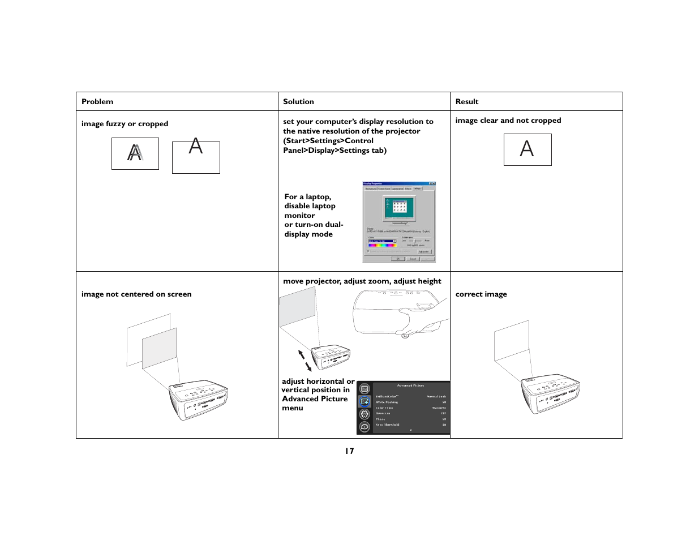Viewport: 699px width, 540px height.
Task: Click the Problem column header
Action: click(x=97, y=102)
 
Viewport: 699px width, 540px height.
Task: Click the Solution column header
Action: click(x=298, y=102)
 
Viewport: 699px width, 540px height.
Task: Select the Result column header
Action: click(x=467, y=102)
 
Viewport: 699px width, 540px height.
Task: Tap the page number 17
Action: click(x=349, y=451)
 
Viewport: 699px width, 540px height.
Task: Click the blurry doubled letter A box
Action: click(x=135, y=153)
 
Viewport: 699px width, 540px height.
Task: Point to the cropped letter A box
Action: click(x=196, y=157)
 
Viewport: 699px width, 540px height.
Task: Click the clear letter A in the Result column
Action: click(x=527, y=149)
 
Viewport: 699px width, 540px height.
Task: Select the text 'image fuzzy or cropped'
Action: click(x=125, y=124)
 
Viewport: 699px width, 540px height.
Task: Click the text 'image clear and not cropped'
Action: click(x=508, y=121)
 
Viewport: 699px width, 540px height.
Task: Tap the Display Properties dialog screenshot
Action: click(x=399, y=222)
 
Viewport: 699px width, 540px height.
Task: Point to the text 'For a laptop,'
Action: click(x=307, y=197)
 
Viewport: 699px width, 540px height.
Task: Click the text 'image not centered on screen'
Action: click(x=136, y=294)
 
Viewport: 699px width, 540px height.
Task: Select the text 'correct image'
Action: click(x=481, y=294)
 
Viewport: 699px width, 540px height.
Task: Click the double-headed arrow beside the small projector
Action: click(x=305, y=360)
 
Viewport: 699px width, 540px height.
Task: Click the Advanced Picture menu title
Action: click(x=410, y=385)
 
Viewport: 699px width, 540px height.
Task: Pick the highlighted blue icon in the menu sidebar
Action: click(x=364, y=401)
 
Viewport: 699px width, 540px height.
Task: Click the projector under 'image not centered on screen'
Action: click(x=198, y=398)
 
